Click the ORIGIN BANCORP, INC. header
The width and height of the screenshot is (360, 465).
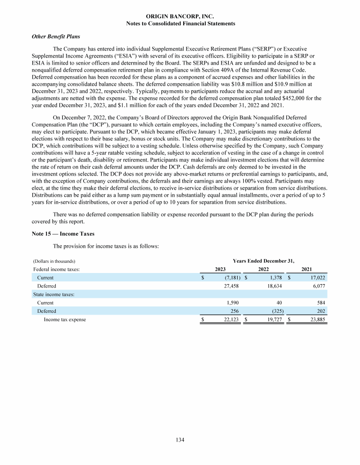(x=180, y=16)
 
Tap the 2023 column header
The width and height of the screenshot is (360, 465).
(x=220, y=269)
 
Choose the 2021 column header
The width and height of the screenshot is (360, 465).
(x=307, y=269)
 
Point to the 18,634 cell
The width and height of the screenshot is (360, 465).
(x=274, y=286)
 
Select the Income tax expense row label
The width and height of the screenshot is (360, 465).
(x=65, y=320)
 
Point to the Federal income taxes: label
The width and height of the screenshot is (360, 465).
(x=56, y=269)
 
